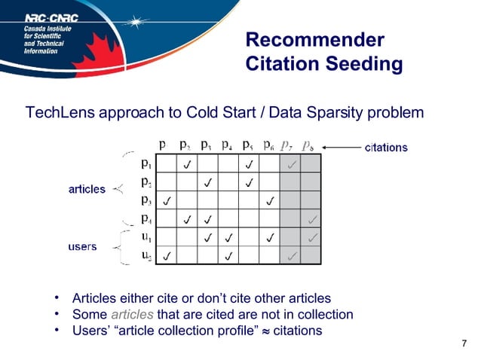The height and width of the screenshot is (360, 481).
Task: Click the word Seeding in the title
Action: [x=365, y=65]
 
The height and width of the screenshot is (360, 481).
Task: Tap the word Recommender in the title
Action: [x=315, y=40]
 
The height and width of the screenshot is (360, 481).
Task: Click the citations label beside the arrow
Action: [x=386, y=148]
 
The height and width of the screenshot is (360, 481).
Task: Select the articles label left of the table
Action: [x=87, y=189]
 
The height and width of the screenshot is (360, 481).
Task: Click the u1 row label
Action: [x=147, y=237]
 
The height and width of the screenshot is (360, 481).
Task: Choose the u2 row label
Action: [x=147, y=255]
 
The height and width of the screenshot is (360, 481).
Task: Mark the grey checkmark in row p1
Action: [x=291, y=163]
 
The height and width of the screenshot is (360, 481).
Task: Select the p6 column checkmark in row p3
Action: [x=269, y=201]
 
